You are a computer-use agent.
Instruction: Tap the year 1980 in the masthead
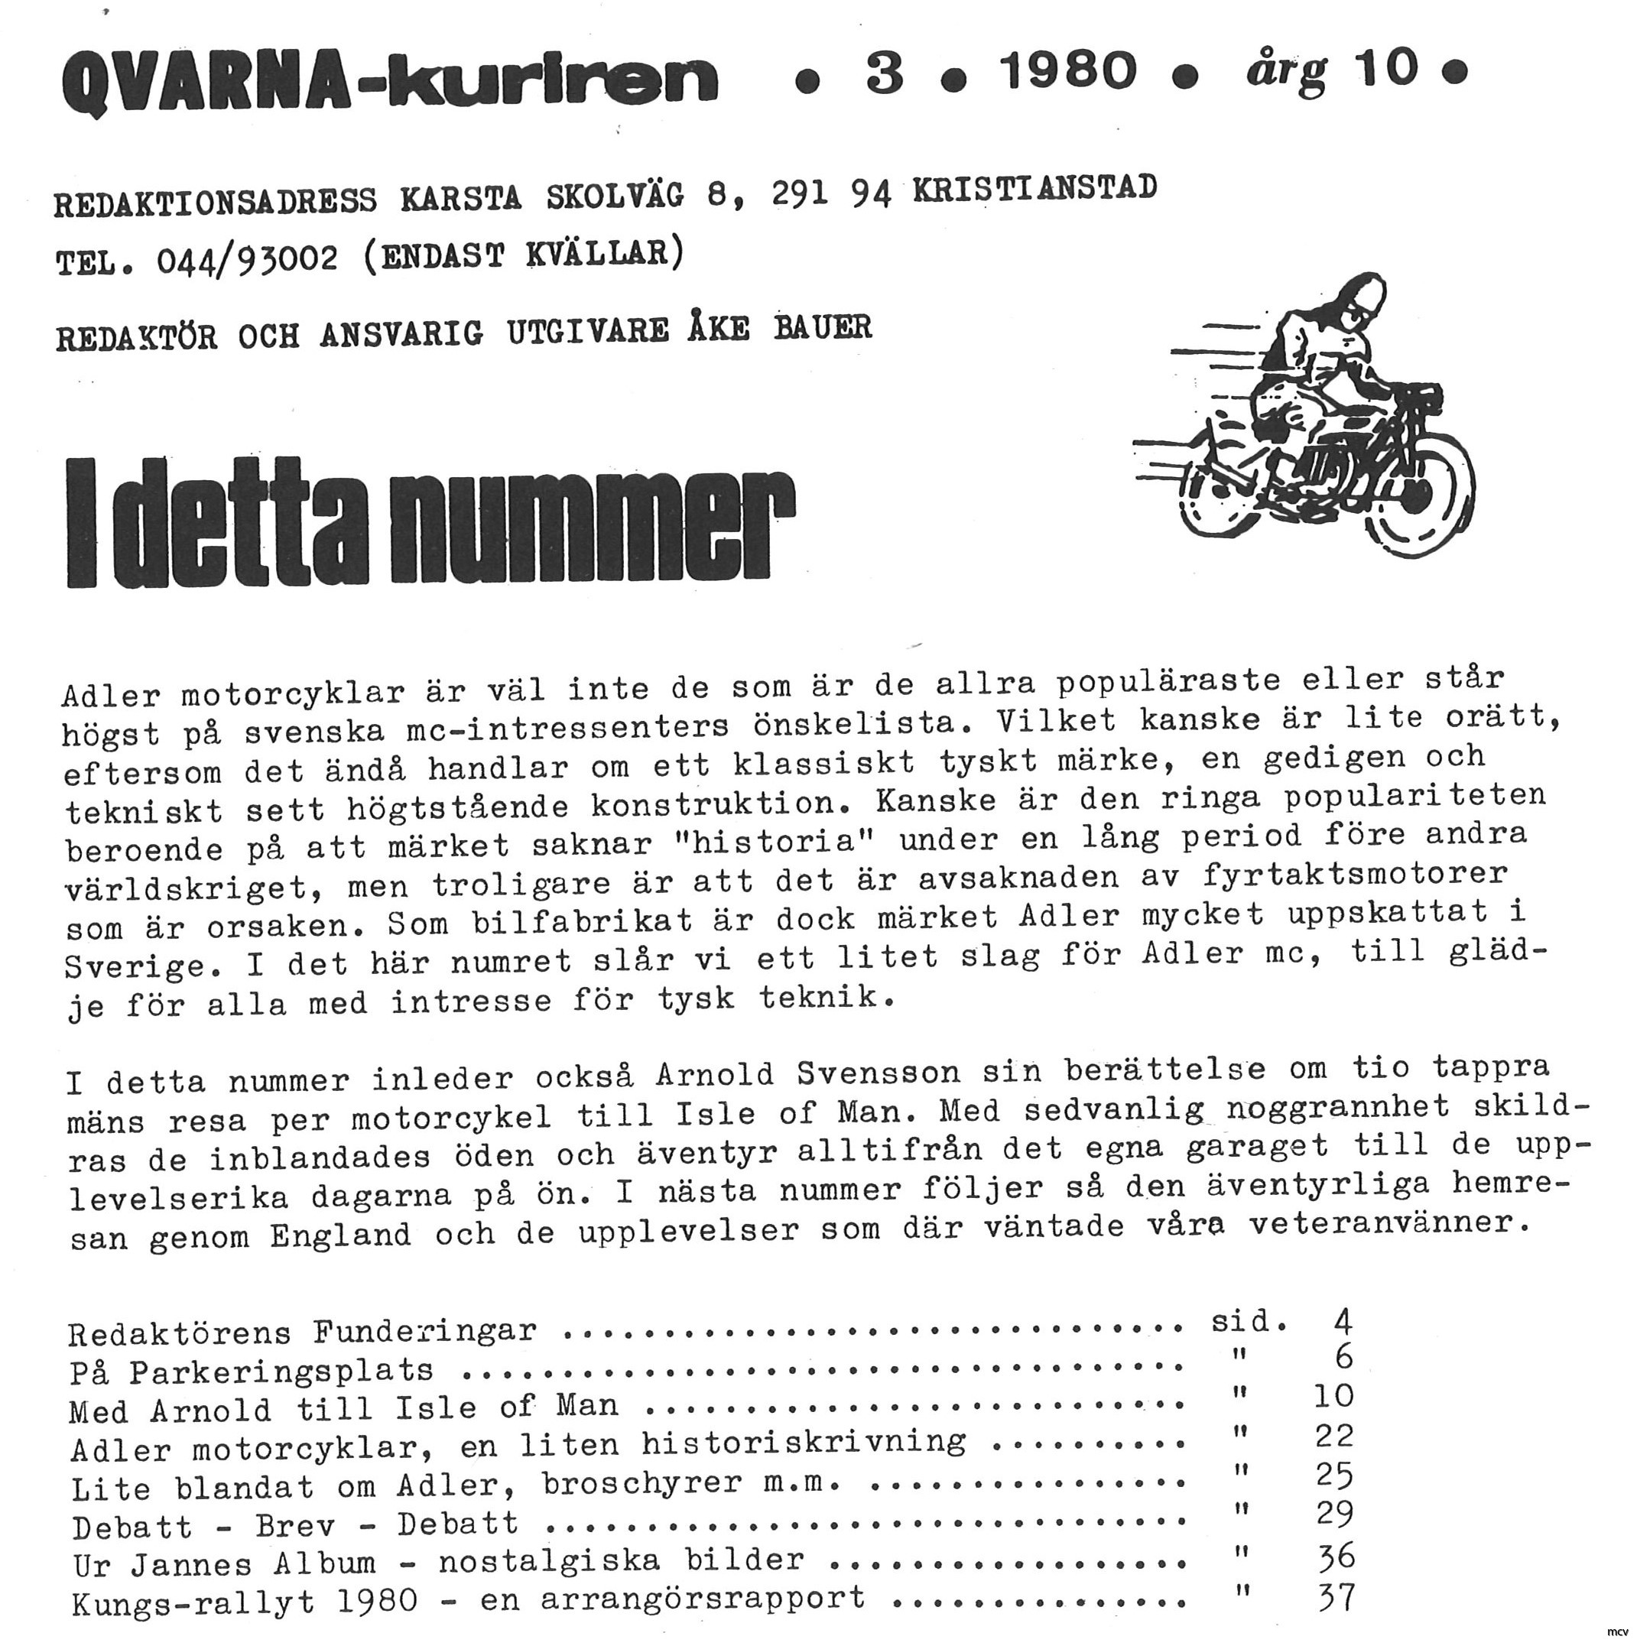click(1070, 70)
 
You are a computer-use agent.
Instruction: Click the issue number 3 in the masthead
click(884, 72)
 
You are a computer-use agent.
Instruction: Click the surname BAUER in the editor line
click(823, 329)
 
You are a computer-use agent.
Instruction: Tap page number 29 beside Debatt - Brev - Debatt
click(1334, 1514)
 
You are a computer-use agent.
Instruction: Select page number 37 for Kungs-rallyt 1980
click(1335, 1596)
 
